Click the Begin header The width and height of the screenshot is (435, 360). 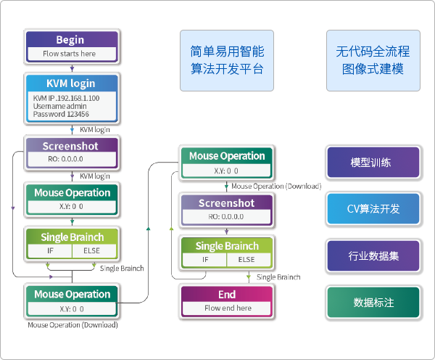click(x=70, y=40)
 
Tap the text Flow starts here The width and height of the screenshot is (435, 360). click(x=70, y=54)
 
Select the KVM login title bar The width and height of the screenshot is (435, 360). click(x=70, y=83)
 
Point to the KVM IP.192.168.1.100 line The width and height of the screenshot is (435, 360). click(x=67, y=97)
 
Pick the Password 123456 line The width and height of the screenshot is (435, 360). click(x=61, y=115)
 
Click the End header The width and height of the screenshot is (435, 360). click(x=227, y=295)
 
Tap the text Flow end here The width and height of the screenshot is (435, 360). click(x=228, y=308)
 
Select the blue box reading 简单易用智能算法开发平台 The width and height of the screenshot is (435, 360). click(x=227, y=60)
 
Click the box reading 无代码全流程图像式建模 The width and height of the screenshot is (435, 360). click(x=373, y=60)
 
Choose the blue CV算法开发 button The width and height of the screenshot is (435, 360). click(x=373, y=209)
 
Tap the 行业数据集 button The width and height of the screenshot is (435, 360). click(x=373, y=255)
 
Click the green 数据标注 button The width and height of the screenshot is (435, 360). click(x=373, y=302)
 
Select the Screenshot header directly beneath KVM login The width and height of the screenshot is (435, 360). click(x=70, y=145)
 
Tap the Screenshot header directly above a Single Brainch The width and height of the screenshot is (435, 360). click(x=227, y=203)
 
